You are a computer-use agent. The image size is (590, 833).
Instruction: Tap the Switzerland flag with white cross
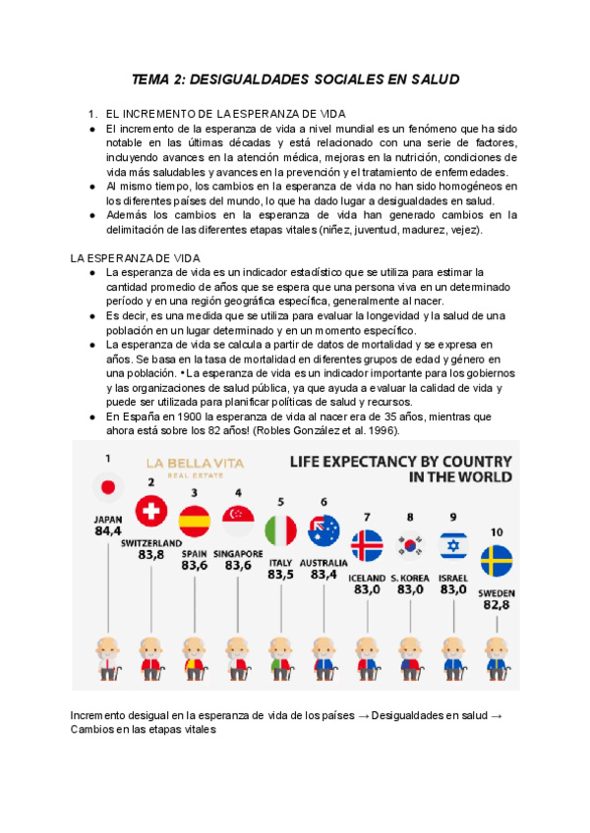[x=151, y=511]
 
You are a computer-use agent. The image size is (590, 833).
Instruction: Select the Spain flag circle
[x=195, y=521]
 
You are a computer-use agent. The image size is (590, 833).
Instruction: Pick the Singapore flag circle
[x=238, y=521]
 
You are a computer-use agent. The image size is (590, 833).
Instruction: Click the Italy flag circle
[x=281, y=530]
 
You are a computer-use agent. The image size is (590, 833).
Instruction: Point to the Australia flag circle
[x=324, y=530]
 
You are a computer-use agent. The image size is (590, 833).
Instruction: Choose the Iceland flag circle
[x=367, y=544]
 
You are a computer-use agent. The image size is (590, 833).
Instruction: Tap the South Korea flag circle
[x=410, y=545]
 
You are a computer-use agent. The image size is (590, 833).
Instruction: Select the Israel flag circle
[x=452, y=545]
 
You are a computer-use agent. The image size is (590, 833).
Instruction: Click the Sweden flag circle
[x=496, y=561]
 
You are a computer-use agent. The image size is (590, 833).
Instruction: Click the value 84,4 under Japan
[x=107, y=531]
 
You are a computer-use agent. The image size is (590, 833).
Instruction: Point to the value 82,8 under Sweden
[x=496, y=607]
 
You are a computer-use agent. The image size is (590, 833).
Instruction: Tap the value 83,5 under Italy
[x=281, y=575]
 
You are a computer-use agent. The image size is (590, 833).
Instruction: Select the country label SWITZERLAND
[x=151, y=542]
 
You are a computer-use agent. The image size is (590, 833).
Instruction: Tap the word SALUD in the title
[x=433, y=78]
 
